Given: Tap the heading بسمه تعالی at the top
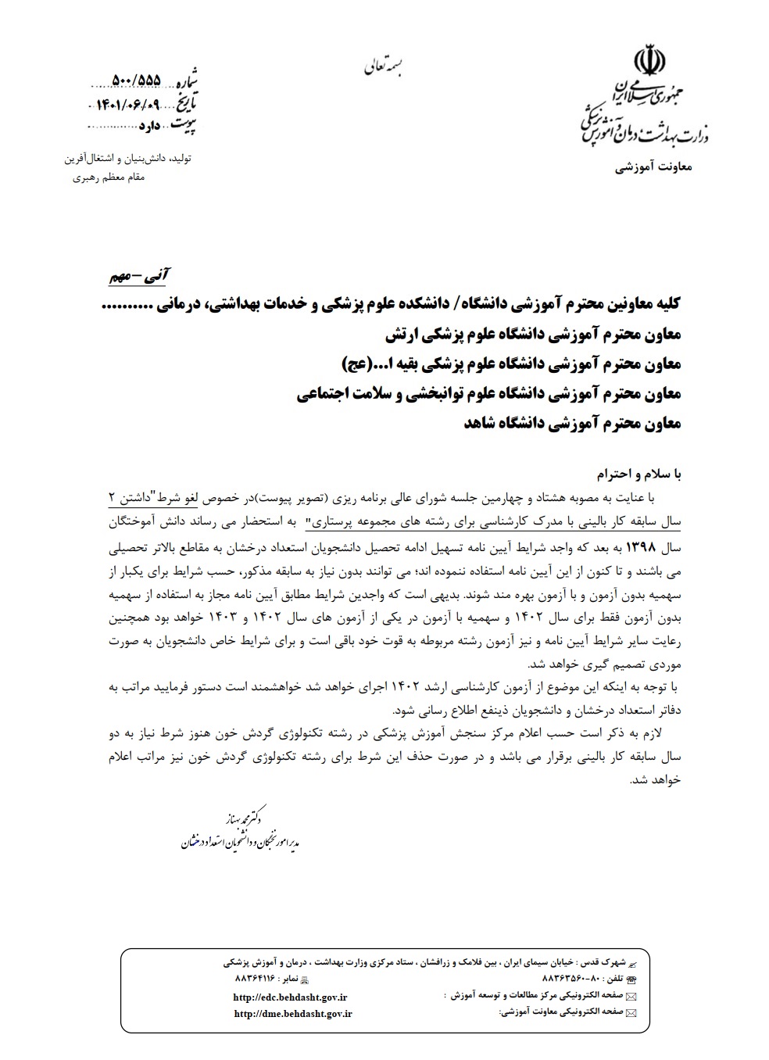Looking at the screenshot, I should click(387, 67).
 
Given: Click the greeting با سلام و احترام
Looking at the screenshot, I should click(638, 474).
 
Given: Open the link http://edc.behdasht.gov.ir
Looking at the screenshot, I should click(290, 997).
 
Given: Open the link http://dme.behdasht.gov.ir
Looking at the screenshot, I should click(293, 1013).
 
